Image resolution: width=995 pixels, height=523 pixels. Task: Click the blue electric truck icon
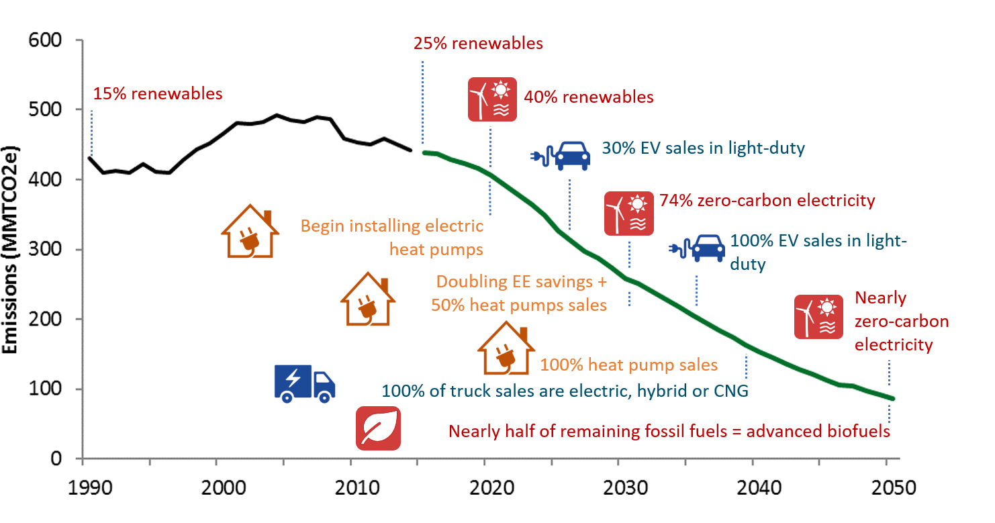pos(304,383)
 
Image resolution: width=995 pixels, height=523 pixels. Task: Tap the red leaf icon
pos(378,428)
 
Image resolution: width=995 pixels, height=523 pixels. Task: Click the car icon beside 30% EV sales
pos(561,155)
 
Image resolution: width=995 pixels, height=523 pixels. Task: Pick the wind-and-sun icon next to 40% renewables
pos(492,99)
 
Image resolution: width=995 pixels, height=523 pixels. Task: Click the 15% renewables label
pos(158,93)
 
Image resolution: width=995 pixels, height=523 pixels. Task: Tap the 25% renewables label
pos(478,44)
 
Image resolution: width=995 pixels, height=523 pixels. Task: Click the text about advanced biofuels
pos(669,431)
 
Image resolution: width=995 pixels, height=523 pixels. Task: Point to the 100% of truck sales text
pos(565,390)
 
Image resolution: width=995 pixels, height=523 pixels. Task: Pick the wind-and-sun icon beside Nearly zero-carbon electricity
pos(818,317)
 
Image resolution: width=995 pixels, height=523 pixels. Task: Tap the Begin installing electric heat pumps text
pos(392,238)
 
